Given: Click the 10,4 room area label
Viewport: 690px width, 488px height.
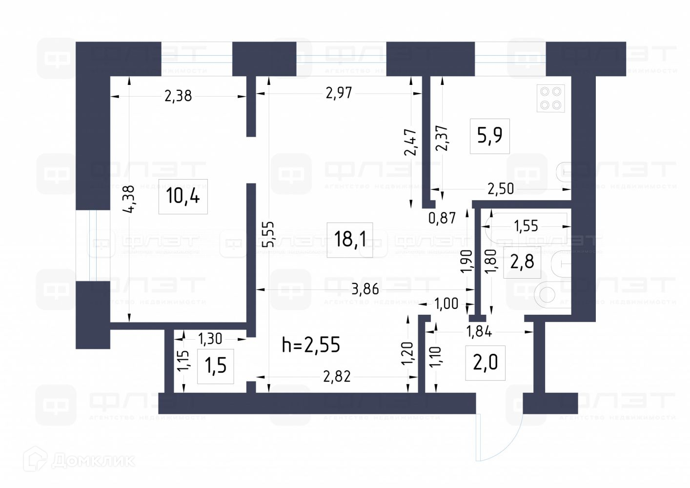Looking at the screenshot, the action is (x=183, y=196).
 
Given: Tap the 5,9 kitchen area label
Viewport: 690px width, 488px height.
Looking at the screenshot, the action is (x=490, y=136).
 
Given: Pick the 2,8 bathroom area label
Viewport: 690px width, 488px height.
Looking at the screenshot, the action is (x=522, y=262).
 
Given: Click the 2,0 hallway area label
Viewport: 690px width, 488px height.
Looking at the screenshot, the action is (x=486, y=363).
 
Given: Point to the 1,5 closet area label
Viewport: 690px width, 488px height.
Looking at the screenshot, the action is (x=215, y=366).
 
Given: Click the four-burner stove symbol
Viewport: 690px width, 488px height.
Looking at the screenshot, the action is (x=550, y=98).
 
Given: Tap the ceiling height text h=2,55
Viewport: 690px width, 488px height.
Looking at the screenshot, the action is (x=311, y=345).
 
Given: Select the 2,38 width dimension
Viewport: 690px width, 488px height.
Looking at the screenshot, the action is (x=178, y=96).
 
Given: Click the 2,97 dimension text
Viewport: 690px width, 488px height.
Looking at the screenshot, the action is (x=339, y=93).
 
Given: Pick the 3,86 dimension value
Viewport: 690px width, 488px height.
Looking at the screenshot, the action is (x=365, y=289).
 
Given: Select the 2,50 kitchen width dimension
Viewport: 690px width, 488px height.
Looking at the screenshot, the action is (x=501, y=188).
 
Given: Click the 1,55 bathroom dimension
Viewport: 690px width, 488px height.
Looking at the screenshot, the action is (x=526, y=225).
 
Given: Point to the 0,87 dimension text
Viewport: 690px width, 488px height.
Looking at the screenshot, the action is (x=442, y=218).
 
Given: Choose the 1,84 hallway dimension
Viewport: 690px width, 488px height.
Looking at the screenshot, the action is (x=479, y=331).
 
